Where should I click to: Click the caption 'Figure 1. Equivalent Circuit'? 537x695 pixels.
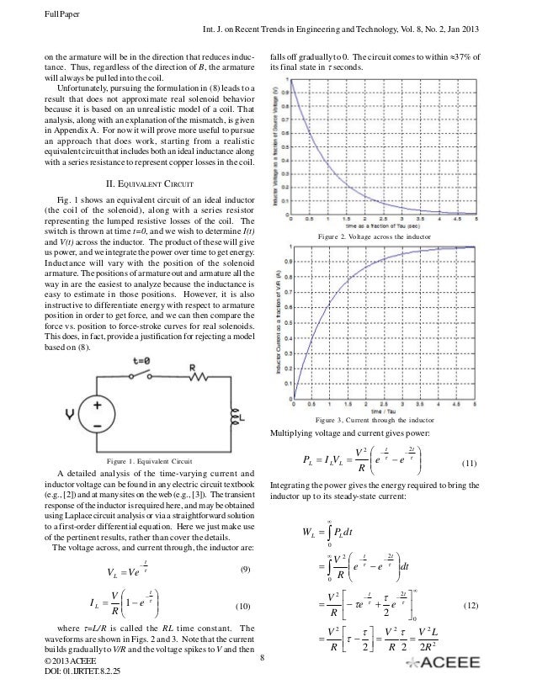click(x=151, y=462)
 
